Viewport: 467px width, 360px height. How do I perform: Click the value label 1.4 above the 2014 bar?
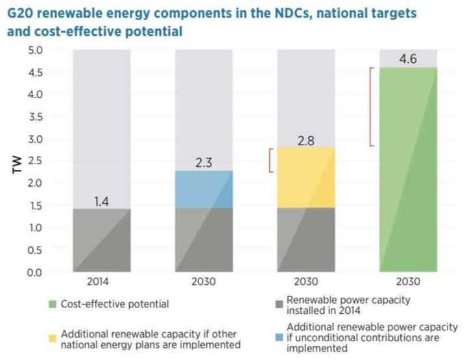coord(101,201)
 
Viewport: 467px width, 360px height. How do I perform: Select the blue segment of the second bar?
coord(204,189)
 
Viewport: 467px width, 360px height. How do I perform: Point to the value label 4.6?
coord(408,60)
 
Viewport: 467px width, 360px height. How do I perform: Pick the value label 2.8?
coord(305,139)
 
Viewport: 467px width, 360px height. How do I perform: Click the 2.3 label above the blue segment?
coord(204,163)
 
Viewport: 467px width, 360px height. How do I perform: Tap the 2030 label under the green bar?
coord(408,282)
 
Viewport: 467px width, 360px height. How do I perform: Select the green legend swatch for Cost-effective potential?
coord(52,304)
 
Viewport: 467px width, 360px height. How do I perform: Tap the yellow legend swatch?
coord(52,338)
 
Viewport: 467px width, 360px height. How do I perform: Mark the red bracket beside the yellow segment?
coord(270,161)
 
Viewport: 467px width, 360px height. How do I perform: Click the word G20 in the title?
coord(21,13)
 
